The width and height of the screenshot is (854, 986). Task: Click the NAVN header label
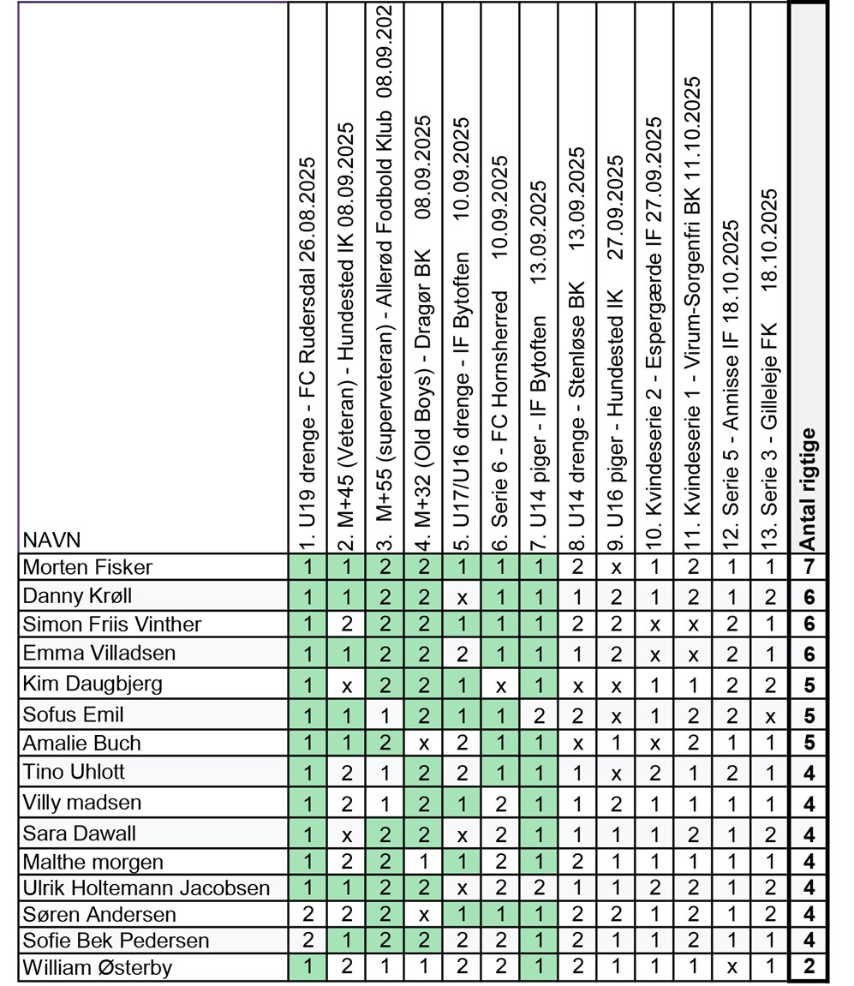(x=51, y=540)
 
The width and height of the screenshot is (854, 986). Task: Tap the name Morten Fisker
(x=87, y=567)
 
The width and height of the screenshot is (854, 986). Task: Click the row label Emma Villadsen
(x=99, y=653)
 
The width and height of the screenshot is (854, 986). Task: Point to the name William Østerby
(x=97, y=968)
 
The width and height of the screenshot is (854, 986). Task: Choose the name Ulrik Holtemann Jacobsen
(x=146, y=888)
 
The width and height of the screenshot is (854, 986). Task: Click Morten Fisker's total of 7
(x=808, y=567)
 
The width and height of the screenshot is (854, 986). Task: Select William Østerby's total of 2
(x=808, y=968)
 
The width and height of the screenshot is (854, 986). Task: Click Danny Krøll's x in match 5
(x=463, y=597)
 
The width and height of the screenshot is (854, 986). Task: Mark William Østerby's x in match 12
(x=731, y=968)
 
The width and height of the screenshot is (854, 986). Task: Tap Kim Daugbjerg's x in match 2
(x=347, y=684)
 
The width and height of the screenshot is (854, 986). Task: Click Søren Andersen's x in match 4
(x=424, y=915)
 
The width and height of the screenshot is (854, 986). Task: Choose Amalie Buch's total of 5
(x=808, y=744)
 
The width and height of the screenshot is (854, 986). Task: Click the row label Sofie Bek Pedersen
(x=116, y=941)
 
